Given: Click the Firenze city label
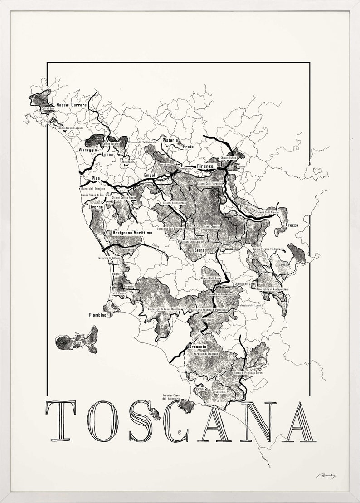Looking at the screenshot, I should tap(204, 166).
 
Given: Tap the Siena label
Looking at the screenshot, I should tap(199, 250).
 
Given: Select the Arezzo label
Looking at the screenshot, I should tap(292, 225).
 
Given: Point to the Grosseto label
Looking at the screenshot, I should tap(197, 347).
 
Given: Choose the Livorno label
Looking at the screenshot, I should tap(96, 207).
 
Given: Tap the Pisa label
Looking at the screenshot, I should tap(95, 178).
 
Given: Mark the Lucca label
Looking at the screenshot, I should tap(107, 155).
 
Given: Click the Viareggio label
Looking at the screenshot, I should tap(88, 149).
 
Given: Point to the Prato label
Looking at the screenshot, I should tap(188, 146).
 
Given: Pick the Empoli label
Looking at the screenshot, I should tap(150, 175).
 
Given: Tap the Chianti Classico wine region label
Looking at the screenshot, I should tap(211, 226).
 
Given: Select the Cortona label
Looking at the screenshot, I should tap(283, 264).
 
